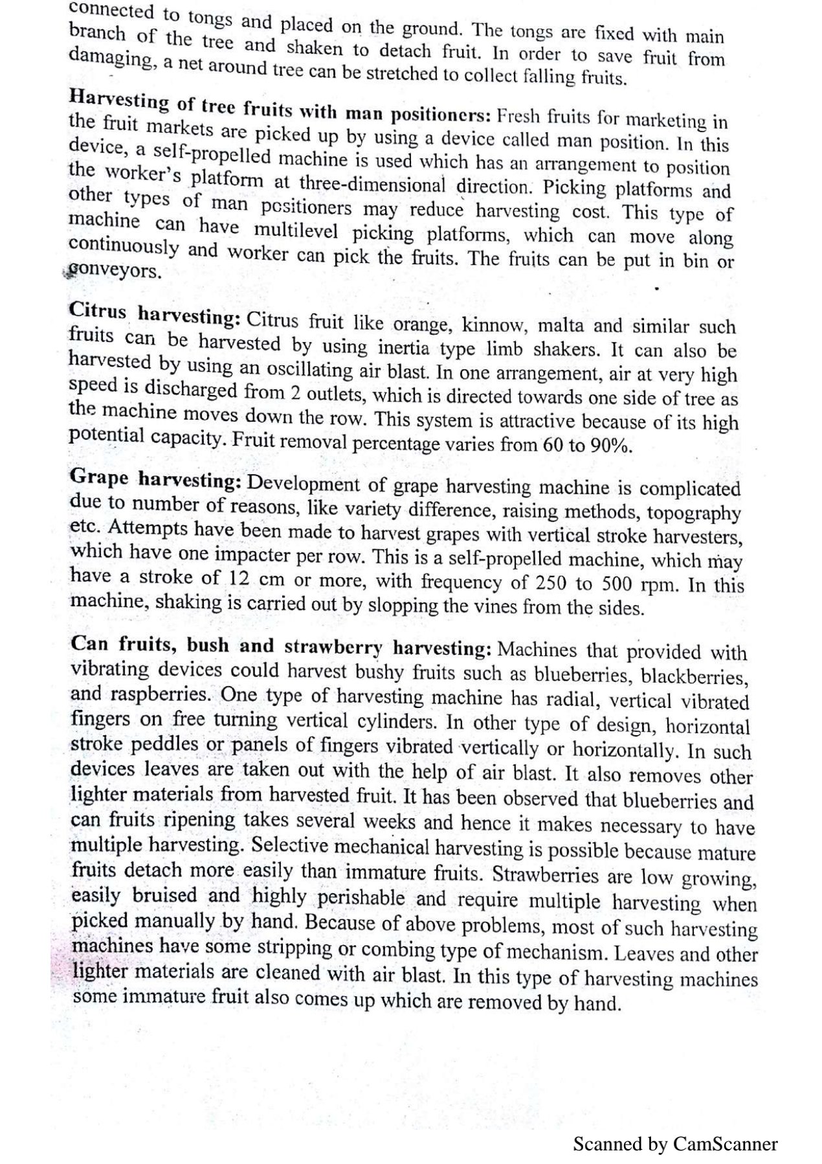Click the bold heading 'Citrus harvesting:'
pyautogui.click(x=155, y=315)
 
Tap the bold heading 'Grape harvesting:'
pyautogui.click(x=155, y=479)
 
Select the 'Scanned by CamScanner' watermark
pyautogui.click(x=675, y=1144)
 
